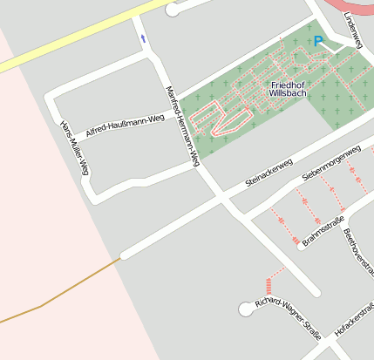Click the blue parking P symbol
pyautogui.click(x=318, y=41)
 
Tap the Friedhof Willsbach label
pyautogui.click(x=287, y=88)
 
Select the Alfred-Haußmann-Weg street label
pyautogui.click(x=125, y=126)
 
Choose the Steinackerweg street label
pyautogui.click(x=269, y=172)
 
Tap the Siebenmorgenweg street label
pyautogui.click(x=330, y=163)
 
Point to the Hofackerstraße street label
pyautogui.click(x=355, y=319)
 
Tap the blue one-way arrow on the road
pyautogui.click(x=143, y=38)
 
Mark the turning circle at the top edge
pyautogui.click(x=172, y=10)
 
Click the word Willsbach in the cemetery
pyautogui.click(x=287, y=92)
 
